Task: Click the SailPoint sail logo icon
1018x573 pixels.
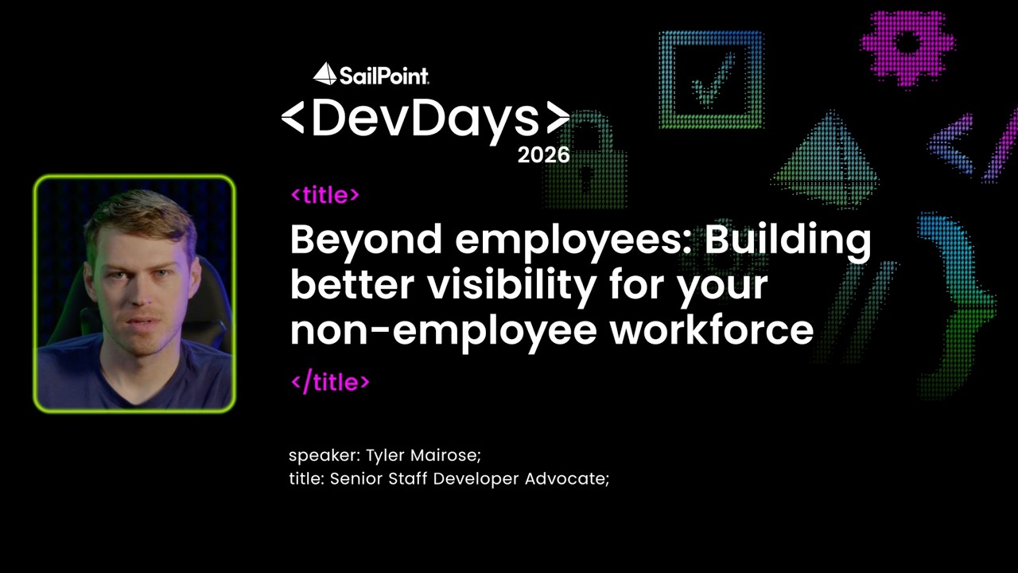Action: [324, 74]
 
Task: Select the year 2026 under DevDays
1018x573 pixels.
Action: [543, 155]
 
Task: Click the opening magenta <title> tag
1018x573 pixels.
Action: [325, 195]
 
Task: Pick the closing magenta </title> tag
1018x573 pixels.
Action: [330, 381]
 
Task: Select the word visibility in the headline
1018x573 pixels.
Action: [512, 286]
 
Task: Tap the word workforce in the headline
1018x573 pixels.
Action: [712, 330]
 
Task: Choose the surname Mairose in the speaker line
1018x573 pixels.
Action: [445, 454]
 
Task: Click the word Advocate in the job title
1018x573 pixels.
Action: [567, 478]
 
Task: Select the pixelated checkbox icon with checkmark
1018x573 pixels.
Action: [711, 80]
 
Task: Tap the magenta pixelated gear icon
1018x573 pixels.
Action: [907, 49]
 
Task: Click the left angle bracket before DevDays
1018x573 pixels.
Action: [293, 118]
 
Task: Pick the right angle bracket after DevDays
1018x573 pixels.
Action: [558, 118]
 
